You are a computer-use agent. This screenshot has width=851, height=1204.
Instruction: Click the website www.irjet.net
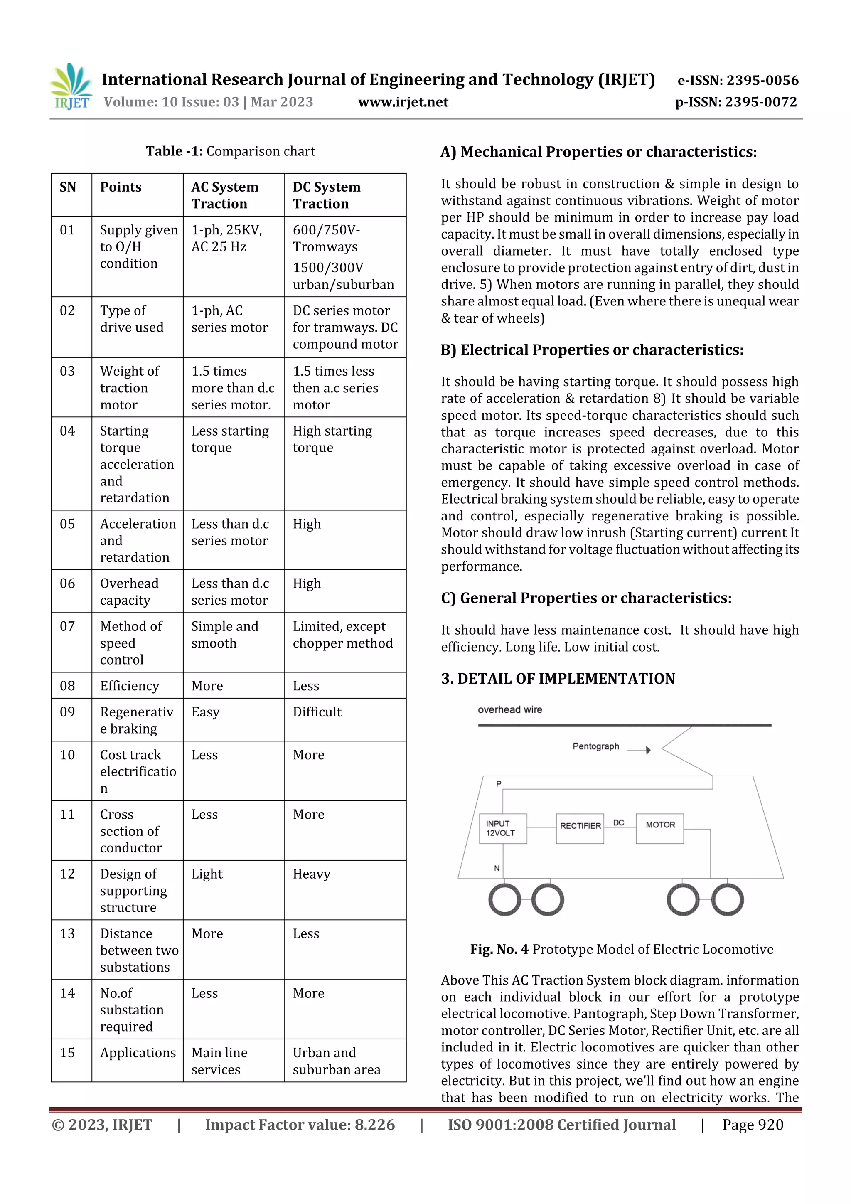(x=403, y=102)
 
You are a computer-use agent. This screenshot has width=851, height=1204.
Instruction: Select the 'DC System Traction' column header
(x=326, y=195)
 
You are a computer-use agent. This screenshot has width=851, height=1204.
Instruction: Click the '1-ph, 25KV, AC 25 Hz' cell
(x=226, y=239)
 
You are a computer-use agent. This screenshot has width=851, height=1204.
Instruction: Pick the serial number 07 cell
(x=68, y=626)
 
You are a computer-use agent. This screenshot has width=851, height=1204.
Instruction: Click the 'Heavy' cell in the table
(x=312, y=874)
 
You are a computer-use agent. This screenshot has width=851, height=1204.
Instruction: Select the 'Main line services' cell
(x=219, y=1061)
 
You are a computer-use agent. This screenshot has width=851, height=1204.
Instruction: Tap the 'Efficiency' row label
(x=130, y=686)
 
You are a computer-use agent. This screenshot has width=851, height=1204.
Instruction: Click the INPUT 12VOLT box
(x=502, y=829)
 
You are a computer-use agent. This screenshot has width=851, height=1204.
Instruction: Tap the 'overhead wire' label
(x=510, y=709)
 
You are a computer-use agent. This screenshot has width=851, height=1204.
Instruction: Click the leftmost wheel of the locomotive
(x=504, y=900)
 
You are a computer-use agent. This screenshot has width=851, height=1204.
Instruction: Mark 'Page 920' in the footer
(x=753, y=1125)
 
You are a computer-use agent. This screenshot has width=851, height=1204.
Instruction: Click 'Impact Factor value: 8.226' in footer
(x=300, y=1125)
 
